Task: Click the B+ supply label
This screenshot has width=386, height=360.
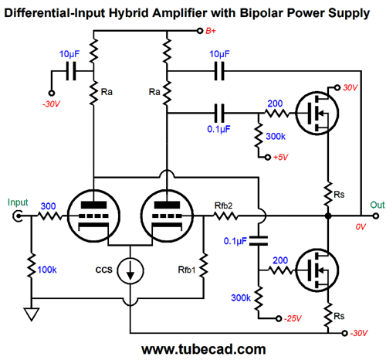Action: pyautogui.click(x=211, y=31)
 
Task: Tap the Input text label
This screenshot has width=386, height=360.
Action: pyautogui.click(x=18, y=202)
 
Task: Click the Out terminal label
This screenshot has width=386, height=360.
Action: pyautogui.click(x=378, y=205)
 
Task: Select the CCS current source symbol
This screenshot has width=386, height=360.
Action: pyautogui.click(x=130, y=270)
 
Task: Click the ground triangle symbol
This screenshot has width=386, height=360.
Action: pyautogui.click(x=32, y=314)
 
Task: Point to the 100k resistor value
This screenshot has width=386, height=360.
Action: pyautogui.click(x=47, y=270)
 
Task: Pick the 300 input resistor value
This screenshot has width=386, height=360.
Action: pyautogui.click(x=48, y=206)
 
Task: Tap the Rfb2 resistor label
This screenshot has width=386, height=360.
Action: pyautogui.click(x=223, y=205)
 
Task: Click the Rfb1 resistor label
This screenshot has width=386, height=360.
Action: pyautogui.click(x=187, y=270)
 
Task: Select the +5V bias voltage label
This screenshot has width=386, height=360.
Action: pyautogui.click(x=280, y=157)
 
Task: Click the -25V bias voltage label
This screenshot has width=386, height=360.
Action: pyautogui.click(x=293, y=318)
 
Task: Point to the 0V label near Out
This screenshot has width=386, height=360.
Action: pyautogui.click(x=361, y=227)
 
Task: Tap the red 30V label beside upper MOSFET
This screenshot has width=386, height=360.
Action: pyautogui.click(x=350, y=87)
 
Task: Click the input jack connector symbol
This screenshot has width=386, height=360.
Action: pyautogui.click(x=18, y=216)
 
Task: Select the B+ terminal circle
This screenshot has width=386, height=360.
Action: pyautogui.click(x=200, y=31)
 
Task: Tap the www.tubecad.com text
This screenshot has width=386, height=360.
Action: pyautogui.click(x=204, y=349)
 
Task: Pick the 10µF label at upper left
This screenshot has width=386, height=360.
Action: pyautogui.click(x=69, y=54)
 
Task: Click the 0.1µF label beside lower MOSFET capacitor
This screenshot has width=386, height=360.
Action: pyautogui.click(x=235, y=241)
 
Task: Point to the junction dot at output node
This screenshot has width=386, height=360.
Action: pyautogui.click(x=328, y=216)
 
